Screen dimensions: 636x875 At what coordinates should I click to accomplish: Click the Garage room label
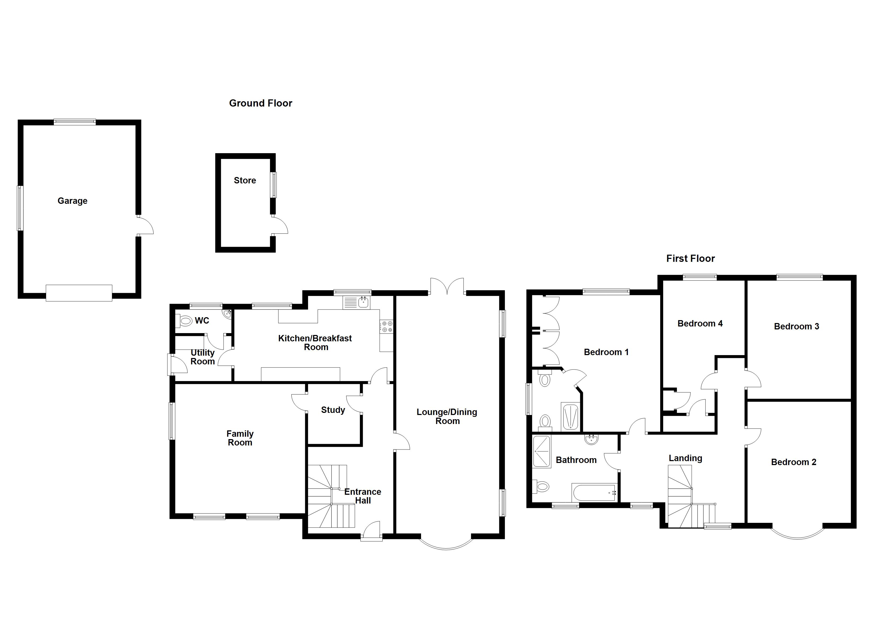click(73, 201)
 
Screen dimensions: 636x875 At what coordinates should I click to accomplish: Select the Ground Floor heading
click(260, 103)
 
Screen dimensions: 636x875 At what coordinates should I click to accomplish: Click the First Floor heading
click(690, 258)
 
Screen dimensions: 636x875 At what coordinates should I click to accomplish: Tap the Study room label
click(333, 410)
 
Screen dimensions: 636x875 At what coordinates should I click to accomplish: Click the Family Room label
click(240, 438)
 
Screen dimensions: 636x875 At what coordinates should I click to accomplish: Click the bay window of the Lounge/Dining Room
click(446, 543)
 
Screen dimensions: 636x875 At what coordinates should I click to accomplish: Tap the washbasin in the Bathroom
click(591, 439)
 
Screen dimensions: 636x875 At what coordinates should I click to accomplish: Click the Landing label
click(685, 458)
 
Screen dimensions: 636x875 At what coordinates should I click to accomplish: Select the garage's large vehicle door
click(79, 293)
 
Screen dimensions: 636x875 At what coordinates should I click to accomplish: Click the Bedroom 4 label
click(700, 324)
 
